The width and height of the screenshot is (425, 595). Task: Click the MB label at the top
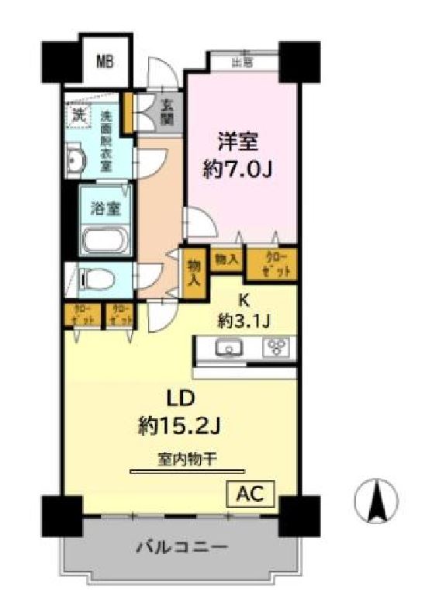tap(105, 61)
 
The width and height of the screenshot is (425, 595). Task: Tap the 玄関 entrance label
tap(167, 113)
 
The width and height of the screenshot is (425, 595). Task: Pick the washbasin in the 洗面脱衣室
tap(76, 161)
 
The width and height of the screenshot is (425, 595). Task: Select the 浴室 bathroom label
tap(103, 208)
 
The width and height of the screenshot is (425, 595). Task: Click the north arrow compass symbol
tap(376, 500)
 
